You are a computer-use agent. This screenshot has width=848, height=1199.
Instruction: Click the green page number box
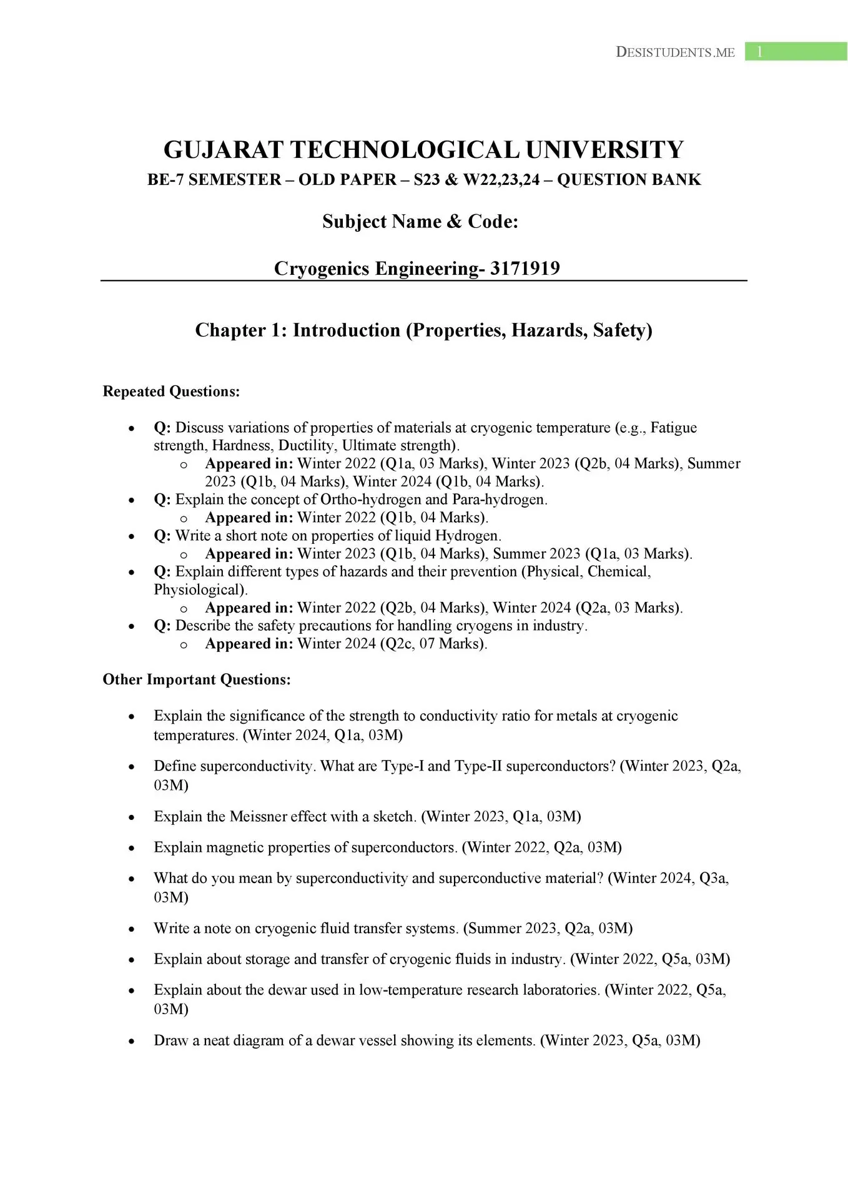pyautogui.click(x=795, y=52)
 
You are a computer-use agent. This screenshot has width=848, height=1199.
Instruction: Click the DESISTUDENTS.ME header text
pyautogui.click(x=675, y=52)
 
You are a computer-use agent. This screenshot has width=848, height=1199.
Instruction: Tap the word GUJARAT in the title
pyautogui.click(x=223, y=150)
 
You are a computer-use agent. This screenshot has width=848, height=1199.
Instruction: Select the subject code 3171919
pyautogui.click(x=525, y=269)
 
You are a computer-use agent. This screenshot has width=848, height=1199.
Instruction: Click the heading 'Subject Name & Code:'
pyautogui.click(x=420, y=222)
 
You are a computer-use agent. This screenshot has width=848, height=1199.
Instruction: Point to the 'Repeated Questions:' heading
pyautogui.click(x=171, y=392)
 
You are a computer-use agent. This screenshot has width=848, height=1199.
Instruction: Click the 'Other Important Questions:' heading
pyautogui.click(x=197, y=679)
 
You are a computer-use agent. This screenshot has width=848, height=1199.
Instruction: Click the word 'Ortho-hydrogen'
pyautogui.click(x=371, y=500)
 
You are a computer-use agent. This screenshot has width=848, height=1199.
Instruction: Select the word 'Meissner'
pyautogui.click(x=258, y=817)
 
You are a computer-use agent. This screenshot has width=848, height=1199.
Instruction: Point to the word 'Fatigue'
pyautogui.click(x=673, y=428)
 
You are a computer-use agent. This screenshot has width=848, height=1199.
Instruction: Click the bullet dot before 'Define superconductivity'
pyautogui.click(x=131, y=767)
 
